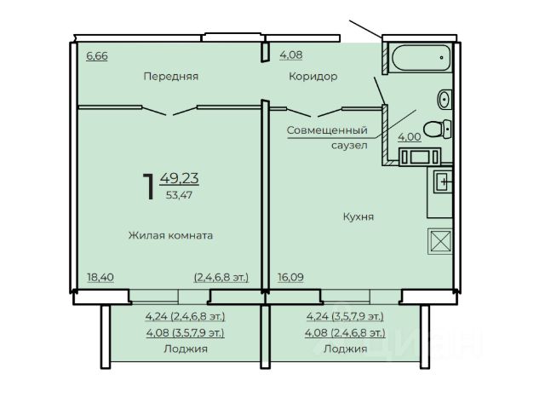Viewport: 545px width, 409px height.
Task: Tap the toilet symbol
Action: coord(437,129)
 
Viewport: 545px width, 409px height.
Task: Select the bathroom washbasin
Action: coord(445,99)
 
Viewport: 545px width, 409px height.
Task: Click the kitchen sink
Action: coord(443,181)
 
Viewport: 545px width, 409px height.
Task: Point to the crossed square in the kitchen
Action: coord(440,241)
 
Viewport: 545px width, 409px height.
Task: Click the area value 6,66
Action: coord(97,55)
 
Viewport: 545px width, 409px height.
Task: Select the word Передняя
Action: coord(170,76)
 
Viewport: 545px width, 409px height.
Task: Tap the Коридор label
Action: coord(313,76)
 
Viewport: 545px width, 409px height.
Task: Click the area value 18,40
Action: coord(100,278)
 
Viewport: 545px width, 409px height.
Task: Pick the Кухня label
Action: coord(359,217)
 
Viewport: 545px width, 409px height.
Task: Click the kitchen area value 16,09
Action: coord(290,278)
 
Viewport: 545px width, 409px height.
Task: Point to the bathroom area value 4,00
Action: coord(410,137)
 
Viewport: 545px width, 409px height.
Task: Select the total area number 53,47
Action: coord(179,195)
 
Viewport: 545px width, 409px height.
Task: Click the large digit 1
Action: coord(149,187)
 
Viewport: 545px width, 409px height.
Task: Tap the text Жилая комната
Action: coord(170,235)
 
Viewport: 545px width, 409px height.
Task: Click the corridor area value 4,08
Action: coord(291,55)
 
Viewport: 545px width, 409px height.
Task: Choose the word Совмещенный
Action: coord(327,130)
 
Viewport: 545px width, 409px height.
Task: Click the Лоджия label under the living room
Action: coord(186,349)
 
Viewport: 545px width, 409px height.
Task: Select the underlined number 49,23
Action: coord(180,178)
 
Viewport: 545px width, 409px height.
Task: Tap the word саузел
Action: coord(349,146)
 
